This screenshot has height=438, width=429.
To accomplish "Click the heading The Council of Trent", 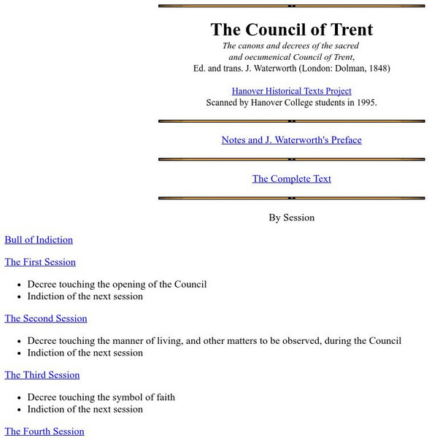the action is pyautogui.click(x=291, y=30).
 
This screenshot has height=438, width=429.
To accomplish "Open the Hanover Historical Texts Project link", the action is pyautogui.click(x=291, y=91).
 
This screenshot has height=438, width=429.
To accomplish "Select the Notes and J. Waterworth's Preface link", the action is pyautogui.click(x=291, y=140).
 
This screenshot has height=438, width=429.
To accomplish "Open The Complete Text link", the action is pyautogui.click(x=291, y=179).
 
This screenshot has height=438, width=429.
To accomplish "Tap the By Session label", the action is pyautogui.click(x=291, y=218).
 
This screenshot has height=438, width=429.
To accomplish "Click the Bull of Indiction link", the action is pyautogui.click(x=39, y=240).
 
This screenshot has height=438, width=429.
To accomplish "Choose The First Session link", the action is pyautogui.click(x=40, y=262).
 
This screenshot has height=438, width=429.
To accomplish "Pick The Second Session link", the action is pyautogui.click(x=45, y=318).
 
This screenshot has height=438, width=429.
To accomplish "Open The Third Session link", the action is pyautogui.click(x=42, y=375).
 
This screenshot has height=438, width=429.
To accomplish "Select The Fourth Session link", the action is pyautogui.click(x=44, y=431).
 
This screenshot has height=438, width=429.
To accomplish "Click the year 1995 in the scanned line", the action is pyautogui.click(x=363, y=103).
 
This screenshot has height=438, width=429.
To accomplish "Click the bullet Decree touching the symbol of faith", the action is pyautogui.click(x=101, y=398).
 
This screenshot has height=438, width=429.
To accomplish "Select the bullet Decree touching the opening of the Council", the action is pyautogui.click(x=117, y=285).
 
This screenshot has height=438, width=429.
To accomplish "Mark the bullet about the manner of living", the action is pyautogui.click(x=214, y=341).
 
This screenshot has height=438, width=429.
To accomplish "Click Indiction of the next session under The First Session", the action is pyautogui.click(x=85, y=296).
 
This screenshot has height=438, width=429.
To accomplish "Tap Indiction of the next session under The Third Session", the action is pyautogui.click(x=85, y=410).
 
